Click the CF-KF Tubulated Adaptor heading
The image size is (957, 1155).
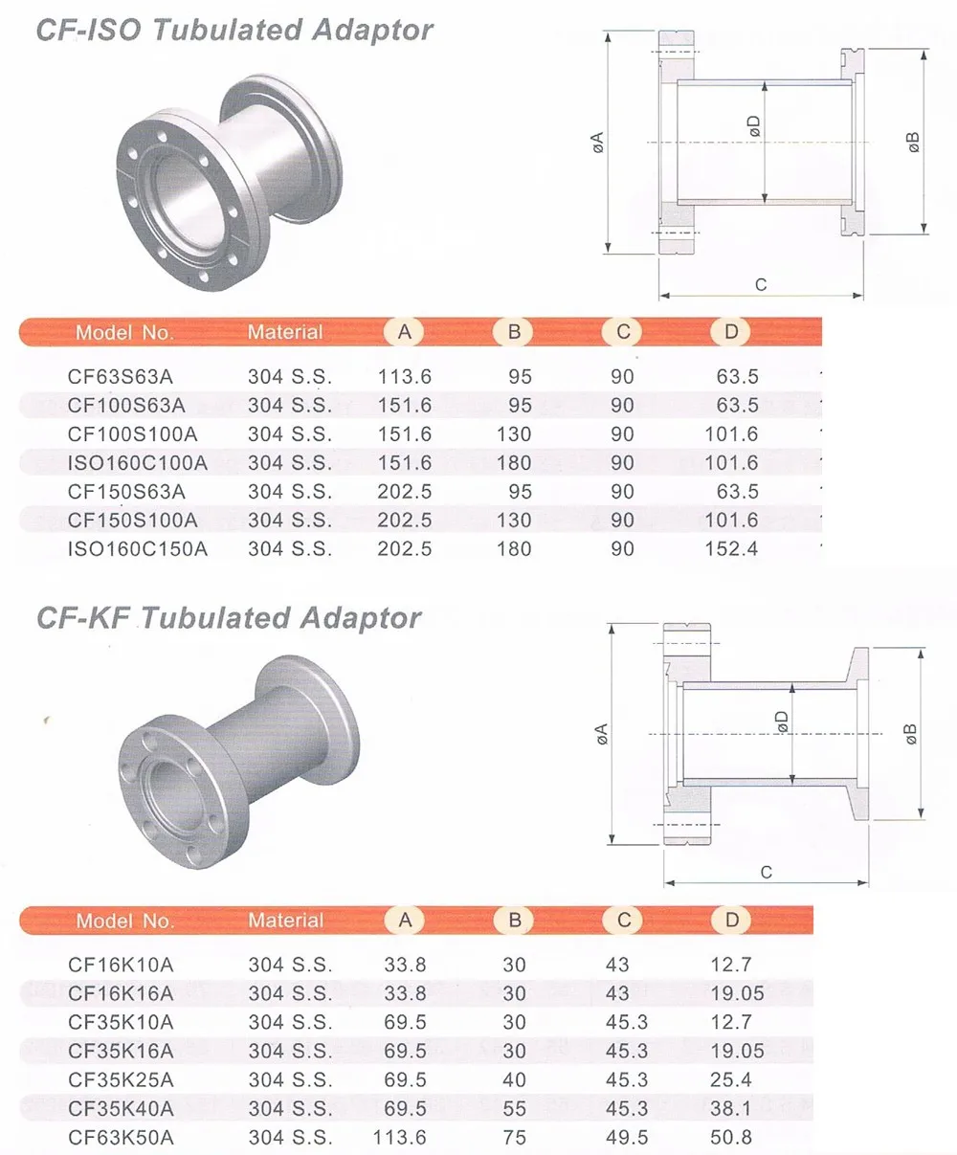229,617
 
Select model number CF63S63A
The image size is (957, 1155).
121,377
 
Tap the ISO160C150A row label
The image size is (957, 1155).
138,549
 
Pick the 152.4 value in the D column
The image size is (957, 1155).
731,549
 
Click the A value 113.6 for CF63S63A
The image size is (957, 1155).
405,377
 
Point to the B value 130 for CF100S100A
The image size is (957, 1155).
514,434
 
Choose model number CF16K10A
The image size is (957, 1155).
121,965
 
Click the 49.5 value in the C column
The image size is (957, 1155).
627,1138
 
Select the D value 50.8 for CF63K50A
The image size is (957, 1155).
731,1138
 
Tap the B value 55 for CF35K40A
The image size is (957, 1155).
515,1109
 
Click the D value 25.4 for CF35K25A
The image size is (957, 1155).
731,1080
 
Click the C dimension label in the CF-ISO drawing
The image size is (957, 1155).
761,285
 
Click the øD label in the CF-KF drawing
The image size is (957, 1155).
782,722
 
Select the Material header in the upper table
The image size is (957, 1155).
285,332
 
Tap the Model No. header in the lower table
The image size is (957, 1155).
124,921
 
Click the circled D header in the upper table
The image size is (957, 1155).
732,331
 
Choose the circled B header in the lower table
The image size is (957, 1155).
515,920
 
